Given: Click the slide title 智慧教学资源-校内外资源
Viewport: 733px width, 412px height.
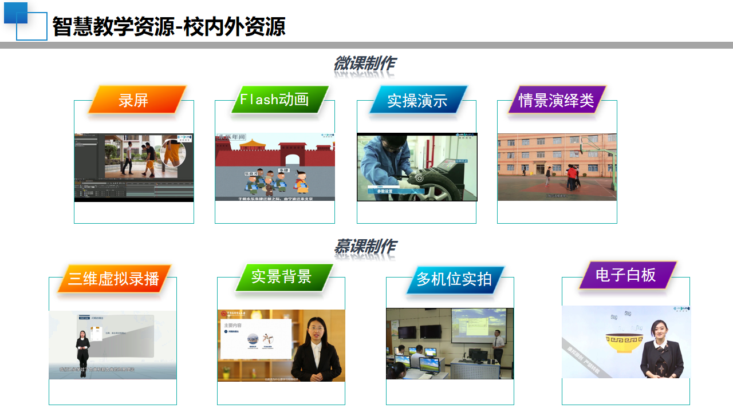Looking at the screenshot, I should point(169,26).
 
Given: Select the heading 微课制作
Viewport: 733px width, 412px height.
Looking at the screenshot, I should point(365,64).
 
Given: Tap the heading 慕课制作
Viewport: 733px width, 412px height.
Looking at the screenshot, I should point(365,247).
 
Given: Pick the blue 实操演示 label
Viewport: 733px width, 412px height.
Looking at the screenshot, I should point(418,101).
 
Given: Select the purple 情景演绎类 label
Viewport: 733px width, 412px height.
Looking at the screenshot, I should point(557,100).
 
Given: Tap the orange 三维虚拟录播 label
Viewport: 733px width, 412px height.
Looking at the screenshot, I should point(114,279).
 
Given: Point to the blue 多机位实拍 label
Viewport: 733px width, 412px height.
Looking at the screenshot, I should point(455,279).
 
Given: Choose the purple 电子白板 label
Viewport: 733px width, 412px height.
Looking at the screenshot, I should point(626,275).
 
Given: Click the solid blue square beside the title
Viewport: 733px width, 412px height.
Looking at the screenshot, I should point(15,13).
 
